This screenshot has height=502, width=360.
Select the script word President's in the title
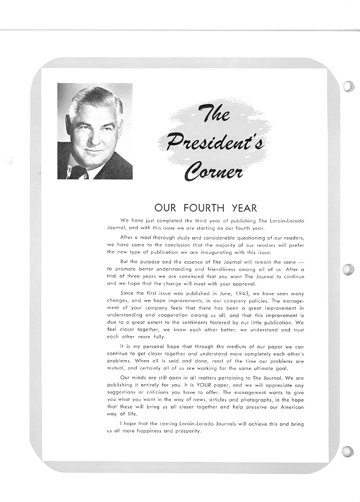215,141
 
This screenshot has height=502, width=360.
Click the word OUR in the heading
165,208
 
